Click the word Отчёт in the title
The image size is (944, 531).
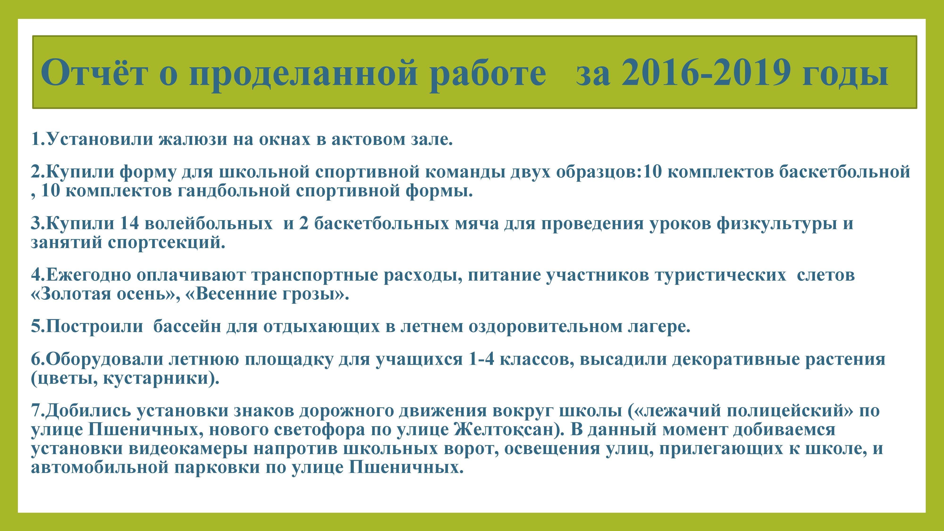[x=95, y=72]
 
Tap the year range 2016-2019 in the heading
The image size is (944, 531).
[x=705, y=72]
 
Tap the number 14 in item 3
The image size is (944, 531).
[x=130, y=223]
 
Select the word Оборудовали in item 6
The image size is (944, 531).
[x=105, y=359]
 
